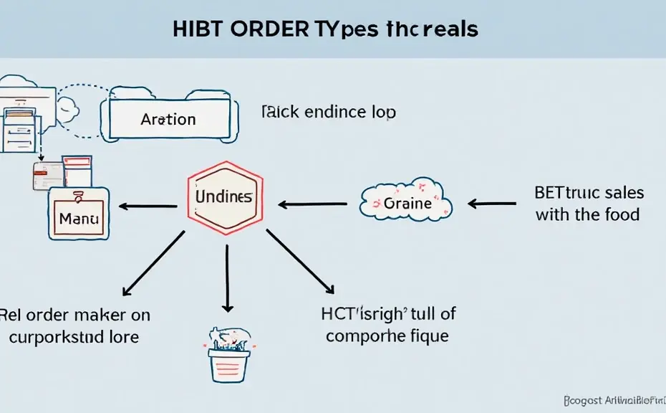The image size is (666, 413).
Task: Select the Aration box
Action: click(x=169, y=119)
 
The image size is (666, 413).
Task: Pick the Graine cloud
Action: click(x=407, y=201)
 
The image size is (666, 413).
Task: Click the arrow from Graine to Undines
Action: click(x=313, y=204)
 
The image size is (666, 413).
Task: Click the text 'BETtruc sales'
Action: click(x=589, y=192)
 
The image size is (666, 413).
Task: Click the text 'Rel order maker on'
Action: click(x=75, y=315)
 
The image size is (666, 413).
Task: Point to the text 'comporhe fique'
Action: click(x=388, y=336)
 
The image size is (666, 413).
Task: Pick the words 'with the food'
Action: click(x=587, y=214)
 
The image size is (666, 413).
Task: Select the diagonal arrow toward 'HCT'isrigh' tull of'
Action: click(x=300, y=262)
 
